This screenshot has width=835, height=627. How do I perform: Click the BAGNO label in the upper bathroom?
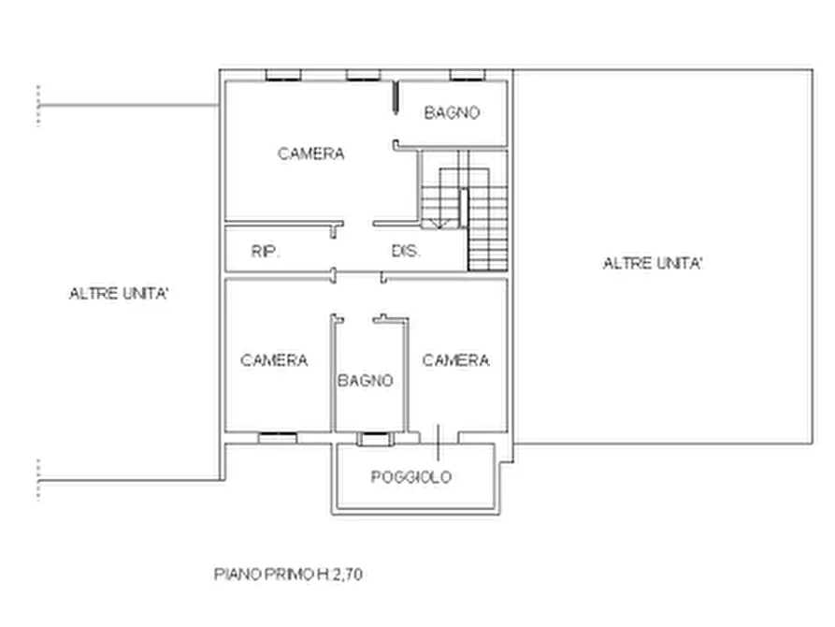pyautogui.click(x=453, y=112)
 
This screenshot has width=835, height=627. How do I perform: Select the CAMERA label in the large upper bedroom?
pyautogui.click(x=311, y=153)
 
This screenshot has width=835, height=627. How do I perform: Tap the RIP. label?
pyautogui.click(x=266, y=251)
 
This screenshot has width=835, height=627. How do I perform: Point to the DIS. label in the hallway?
pyautogui.click(x=406, y=251)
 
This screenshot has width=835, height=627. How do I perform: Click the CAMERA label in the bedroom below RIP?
pyautogui.click(x=274, y=360)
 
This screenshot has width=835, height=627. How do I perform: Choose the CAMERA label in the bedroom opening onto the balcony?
pyautogui.click(x=456, y=360)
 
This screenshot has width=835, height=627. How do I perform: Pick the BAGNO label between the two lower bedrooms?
pyautogui.click(x=366, y=380)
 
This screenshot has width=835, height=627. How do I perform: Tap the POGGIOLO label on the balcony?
pyautogui.click(x=411, y=476)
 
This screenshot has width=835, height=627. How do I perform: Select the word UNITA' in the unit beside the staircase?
pyautogui.click(x=680, y=263)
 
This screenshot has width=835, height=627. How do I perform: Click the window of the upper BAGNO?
pyautogui.click(x=468, y=75)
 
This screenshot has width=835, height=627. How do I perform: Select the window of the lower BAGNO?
pyautogui.click(x=375, y=439)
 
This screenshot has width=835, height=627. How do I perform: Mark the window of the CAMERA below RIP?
pyautogui.click(x=278, y=438)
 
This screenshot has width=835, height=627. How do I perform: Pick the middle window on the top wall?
pyautogui.click(x=363, y=75)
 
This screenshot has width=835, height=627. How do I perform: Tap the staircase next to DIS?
pyautogui.click(x=463, y=211)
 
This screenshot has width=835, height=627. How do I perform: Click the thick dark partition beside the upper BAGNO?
pyautogui.click(x=396, y=97)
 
